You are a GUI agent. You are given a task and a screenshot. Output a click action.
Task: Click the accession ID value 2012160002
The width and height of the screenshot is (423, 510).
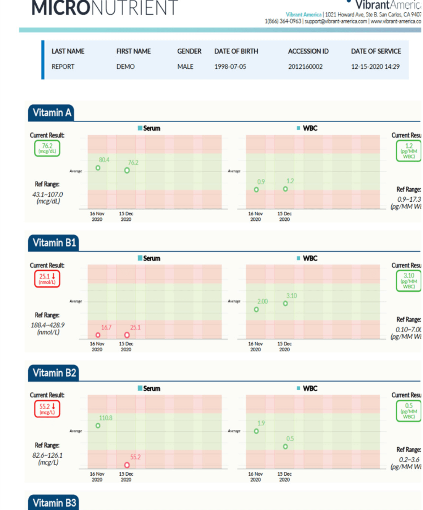click(x=305, y=66)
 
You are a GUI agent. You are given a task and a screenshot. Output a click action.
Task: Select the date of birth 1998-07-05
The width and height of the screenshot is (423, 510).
click(x=230, y=66)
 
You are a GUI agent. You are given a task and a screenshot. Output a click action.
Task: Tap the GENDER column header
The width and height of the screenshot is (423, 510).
click(x=189, y=51)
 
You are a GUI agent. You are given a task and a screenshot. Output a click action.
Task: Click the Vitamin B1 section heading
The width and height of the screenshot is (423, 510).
click(x=54, y=243)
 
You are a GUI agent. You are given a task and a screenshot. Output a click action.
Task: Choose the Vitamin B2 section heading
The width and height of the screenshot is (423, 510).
click(x=54, y=373)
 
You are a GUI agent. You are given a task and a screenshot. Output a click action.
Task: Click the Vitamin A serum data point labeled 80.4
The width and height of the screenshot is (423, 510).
click(x=98, y=168)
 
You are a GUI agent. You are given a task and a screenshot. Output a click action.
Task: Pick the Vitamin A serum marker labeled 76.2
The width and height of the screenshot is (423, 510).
click(x=127, y=170)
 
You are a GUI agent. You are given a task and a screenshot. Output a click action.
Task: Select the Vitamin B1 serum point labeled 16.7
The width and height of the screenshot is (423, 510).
click(x=98, y=335)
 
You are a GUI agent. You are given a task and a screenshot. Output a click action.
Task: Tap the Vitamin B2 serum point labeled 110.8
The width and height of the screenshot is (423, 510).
click(x=98, y=426)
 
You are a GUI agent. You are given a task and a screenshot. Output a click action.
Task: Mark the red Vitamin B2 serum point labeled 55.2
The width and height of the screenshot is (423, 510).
click(x=127, y=465)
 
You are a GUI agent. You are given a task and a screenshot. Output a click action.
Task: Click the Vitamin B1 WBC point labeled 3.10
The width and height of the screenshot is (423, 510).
click(x=286, y=303)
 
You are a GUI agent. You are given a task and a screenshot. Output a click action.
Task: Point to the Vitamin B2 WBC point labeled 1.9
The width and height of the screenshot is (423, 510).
click(x=257, y=431)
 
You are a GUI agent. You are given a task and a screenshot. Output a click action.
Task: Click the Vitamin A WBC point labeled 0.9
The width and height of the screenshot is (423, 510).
click(x=257, y=189)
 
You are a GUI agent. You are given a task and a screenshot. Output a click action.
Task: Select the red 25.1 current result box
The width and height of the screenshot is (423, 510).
click(x=47, y=278)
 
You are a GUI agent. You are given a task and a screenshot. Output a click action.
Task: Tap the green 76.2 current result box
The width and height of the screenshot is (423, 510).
click(x=47, y=148)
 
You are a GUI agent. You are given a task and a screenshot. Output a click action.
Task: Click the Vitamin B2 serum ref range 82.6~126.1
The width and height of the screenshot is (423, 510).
click(x=47, y=455)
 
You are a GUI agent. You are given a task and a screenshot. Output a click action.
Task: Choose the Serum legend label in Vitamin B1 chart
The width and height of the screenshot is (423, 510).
click(x=151, y=258)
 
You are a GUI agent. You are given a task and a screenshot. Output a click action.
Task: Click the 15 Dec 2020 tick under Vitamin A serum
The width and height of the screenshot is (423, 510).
click(x=126, y=216)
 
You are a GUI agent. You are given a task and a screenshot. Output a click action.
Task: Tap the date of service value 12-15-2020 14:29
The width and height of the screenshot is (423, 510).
click(x=375, y=66)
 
